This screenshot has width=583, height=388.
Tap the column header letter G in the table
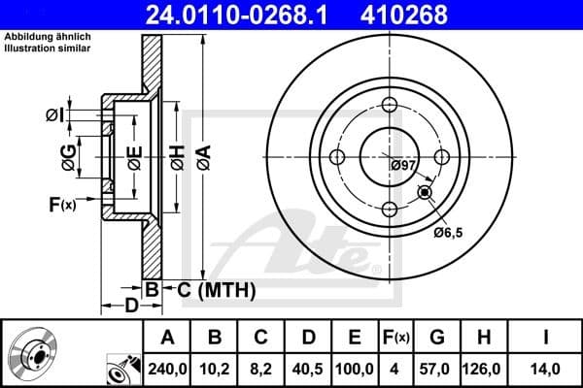pyautogui.click(x=436, y=337)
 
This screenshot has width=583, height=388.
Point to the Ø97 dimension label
pyautogui.click(x=403, y=166)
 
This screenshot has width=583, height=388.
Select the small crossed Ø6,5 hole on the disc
pyautogui.click(x=425, y=193)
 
